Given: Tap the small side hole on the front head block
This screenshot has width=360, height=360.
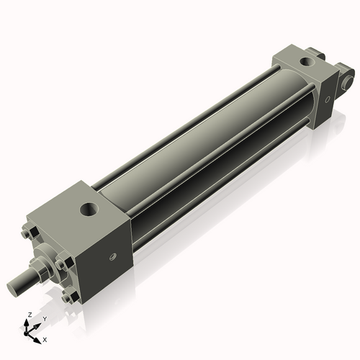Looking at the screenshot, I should tap(111, 256).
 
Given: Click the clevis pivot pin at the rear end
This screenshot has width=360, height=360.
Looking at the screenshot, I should tap(349, 74).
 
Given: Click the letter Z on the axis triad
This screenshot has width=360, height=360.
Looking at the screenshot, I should tap(27, 315).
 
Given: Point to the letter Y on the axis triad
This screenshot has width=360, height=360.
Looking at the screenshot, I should tap(44, 318).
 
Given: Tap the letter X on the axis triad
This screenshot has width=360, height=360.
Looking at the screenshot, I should tap(45, 338).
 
